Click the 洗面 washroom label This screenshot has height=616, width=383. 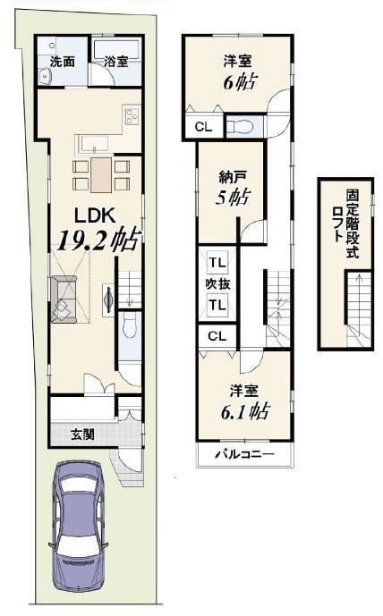63,62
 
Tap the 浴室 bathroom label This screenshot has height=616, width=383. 116,62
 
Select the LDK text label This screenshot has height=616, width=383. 95,215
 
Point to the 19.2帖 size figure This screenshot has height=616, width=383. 99,240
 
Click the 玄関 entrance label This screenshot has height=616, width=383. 82,435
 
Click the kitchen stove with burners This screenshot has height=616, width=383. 132,115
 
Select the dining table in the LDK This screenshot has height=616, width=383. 101,175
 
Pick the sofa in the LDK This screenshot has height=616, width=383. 64,300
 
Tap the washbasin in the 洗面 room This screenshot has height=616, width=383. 46,75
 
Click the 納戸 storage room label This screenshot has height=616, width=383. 233,178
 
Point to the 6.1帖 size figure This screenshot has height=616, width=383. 244,412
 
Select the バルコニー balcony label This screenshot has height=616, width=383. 244,455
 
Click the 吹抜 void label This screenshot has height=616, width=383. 217,283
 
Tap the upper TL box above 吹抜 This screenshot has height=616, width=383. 217,263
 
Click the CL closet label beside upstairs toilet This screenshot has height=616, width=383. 204,127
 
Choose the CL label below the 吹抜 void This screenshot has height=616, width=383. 217,336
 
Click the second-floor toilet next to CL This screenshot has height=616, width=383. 240,126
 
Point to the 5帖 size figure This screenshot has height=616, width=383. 232,198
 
